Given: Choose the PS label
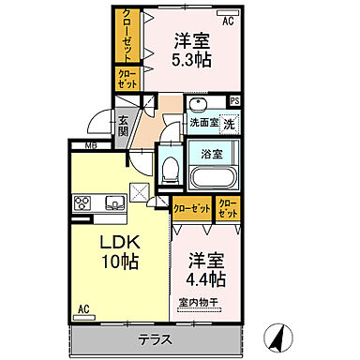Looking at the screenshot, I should [234, 101].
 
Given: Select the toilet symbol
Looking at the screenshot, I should [170, 170].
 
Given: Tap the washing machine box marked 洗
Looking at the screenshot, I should [229, 123].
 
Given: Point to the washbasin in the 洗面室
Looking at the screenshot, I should [196, 104].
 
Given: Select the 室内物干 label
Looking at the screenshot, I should [198, 302].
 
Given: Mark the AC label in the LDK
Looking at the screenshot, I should [82, 308].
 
